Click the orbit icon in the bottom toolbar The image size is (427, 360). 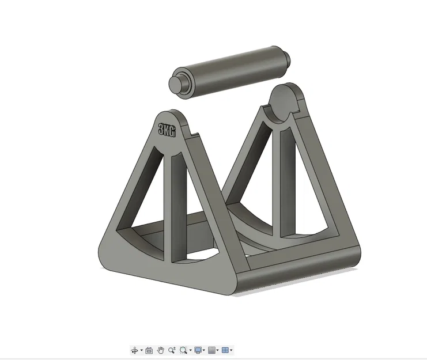tap(135, 350)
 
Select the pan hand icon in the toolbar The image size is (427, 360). tap(161, 350)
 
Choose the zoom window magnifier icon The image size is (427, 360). tap(184, 350)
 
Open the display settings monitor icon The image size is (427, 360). tap(198, 350)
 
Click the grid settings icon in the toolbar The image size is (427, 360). tap(211, 350)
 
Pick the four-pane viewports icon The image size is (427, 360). tap(225, 350)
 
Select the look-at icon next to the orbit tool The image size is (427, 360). tap(149, 350)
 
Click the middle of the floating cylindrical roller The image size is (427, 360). tap(230, 69)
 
